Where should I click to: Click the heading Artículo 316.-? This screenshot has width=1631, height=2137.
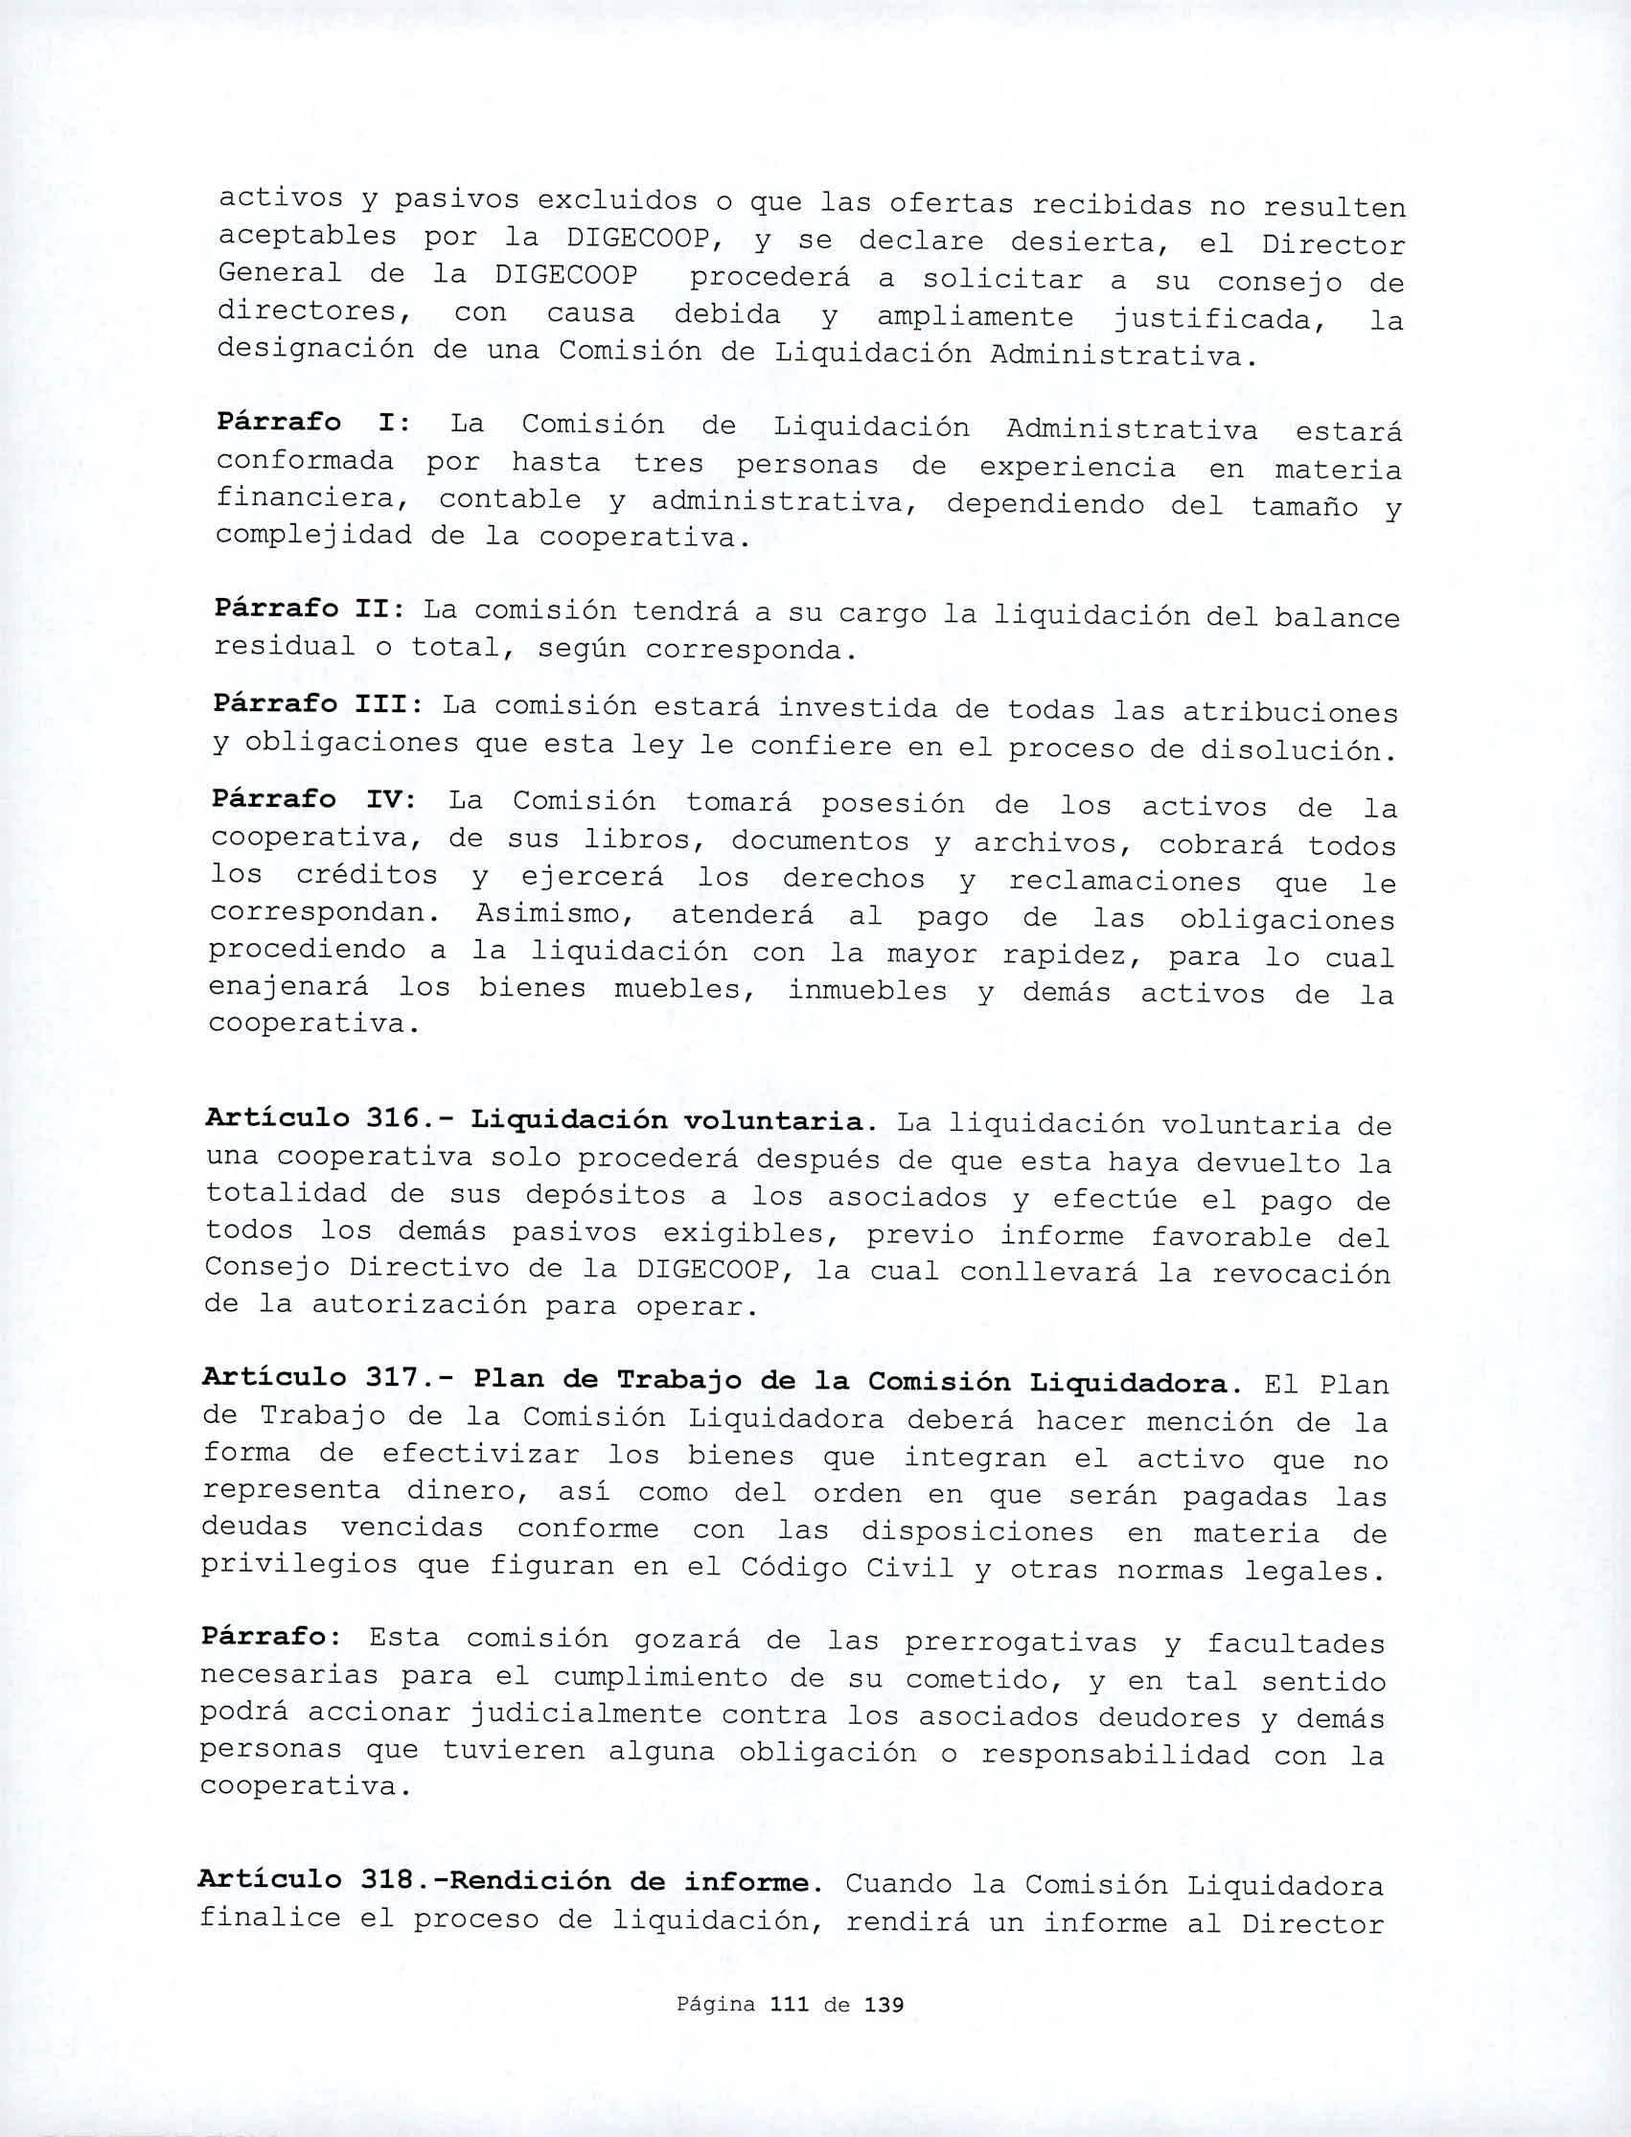point(328,1118)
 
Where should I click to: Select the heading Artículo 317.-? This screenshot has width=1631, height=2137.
point(328,1378)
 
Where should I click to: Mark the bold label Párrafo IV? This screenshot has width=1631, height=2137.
point(313,800)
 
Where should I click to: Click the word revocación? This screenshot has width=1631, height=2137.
point(1301,1274)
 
